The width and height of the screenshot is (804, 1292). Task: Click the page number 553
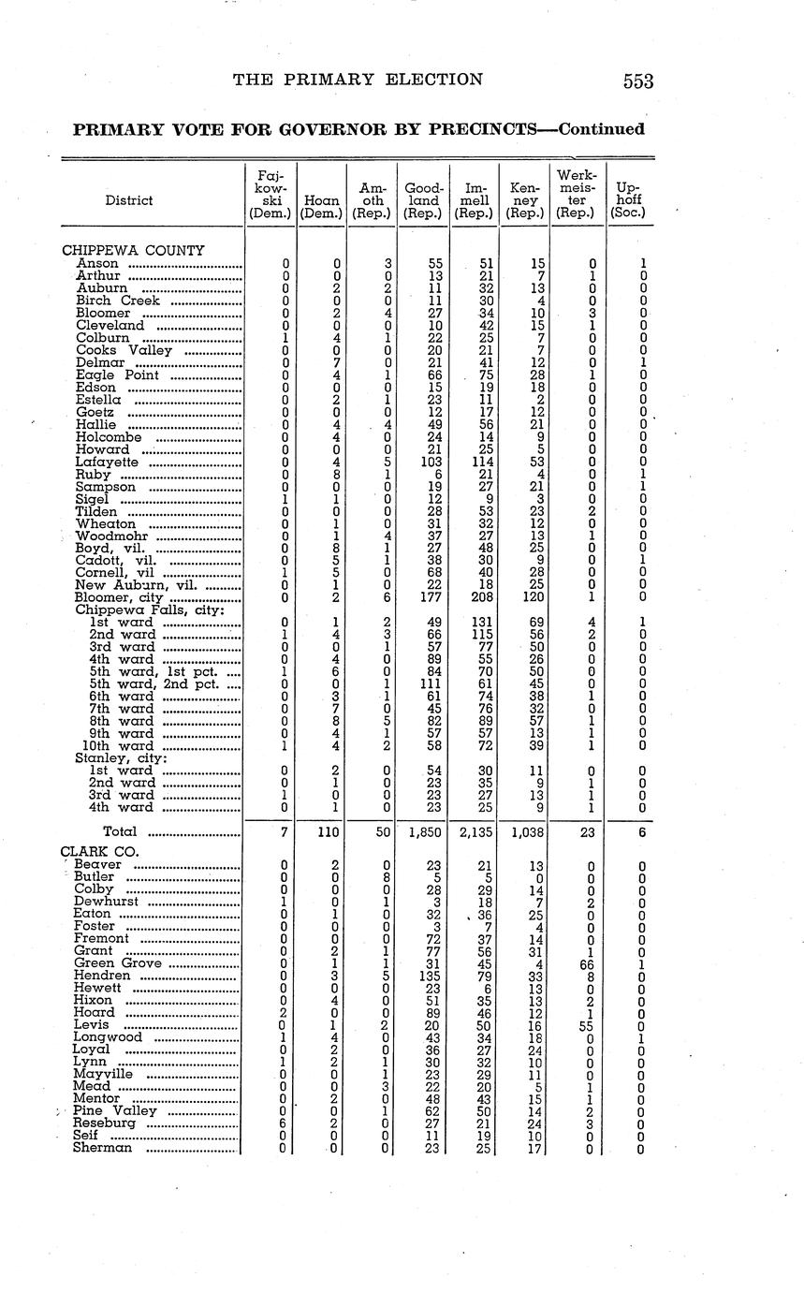[x=637, y=81]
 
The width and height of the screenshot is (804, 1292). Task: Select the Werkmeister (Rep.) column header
[x=576, y=194]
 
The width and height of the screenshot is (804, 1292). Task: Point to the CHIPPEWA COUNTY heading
[x=133, y=251]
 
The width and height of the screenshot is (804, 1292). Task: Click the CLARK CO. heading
[x=99, y=852]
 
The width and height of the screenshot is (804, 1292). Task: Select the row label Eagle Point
[x=117, y=375]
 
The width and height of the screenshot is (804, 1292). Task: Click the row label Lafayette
[x=107, y=462]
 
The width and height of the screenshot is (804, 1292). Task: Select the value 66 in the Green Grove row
[x=587, y=963]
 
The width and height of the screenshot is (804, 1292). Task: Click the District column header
[x=129, y=200]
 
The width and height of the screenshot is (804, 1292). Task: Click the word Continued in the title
[x=601, y=129]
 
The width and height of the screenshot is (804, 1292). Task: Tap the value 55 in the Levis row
[x=587, y=1025]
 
